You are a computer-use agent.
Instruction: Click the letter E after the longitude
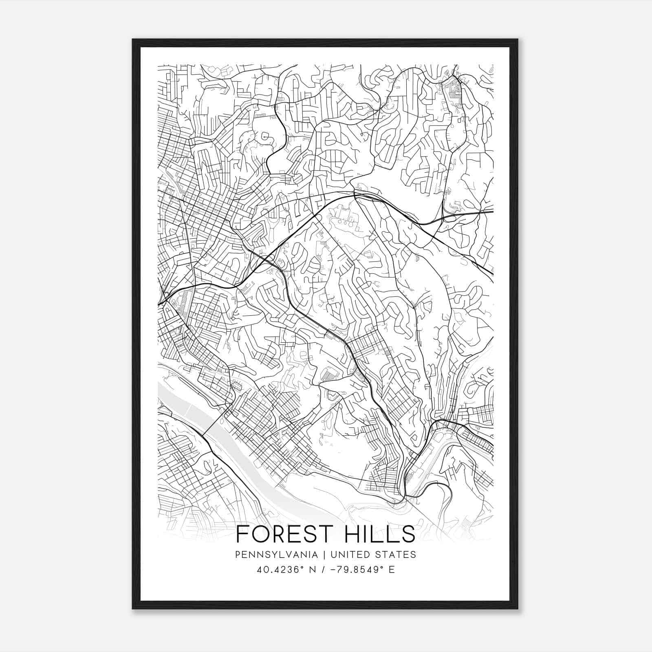[392, 570]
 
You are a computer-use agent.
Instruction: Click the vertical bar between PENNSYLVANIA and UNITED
[325, 554]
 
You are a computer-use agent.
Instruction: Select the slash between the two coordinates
[322, 570]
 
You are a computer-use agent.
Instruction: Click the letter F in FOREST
[242, 534]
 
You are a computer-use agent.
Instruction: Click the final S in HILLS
[407, 534]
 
